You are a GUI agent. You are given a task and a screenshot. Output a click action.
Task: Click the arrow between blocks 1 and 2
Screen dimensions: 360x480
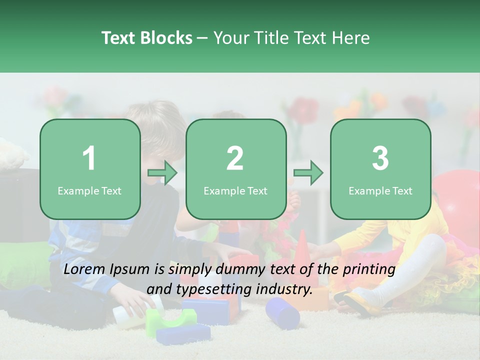coord(163,173)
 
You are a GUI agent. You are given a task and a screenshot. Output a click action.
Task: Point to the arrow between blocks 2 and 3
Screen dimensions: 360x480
coord(308,173)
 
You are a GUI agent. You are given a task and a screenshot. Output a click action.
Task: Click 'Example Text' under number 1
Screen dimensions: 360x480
coord(89,191)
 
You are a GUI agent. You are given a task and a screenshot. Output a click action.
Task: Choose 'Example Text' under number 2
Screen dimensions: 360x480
coord(235,191)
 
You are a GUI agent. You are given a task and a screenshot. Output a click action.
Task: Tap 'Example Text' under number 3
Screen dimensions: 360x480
coord(380,191)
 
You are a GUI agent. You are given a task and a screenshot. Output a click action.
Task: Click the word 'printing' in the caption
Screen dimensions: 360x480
coord(369,269)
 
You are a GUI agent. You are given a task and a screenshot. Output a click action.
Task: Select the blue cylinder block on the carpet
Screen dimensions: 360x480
coord(282,312)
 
